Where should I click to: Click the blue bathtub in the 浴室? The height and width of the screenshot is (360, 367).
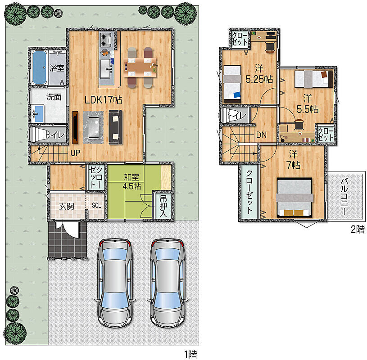(x=39, y=67)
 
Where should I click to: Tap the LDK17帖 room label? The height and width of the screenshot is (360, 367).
(x=103, y=100)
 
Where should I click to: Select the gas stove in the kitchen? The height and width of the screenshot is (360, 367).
(x=106, y=40)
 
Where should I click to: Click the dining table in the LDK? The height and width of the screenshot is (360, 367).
(x=140, y=67)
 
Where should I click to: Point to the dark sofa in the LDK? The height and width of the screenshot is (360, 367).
(x=116, y=127)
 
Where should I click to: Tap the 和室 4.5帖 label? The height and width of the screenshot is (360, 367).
(x=132, y=181)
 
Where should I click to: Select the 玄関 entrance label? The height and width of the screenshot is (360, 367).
(x=67, y=206)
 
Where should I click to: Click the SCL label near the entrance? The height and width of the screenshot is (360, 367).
(x=96, y=205)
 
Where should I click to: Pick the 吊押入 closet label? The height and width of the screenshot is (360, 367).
(x=163, y=206)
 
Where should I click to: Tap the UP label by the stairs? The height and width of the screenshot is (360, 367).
(x=75, y=153)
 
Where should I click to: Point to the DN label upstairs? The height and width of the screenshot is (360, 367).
(x=261, y=135)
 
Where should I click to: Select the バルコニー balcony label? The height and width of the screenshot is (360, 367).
(x=344, y=197)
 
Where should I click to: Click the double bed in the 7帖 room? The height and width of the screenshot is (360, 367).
(x=295, y=198)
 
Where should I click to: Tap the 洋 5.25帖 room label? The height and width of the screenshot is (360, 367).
(x=259, y=74)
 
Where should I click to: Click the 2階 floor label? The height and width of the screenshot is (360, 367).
(x=358, y=229)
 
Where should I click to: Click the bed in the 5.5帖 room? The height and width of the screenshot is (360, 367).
(x=313, y=79)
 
